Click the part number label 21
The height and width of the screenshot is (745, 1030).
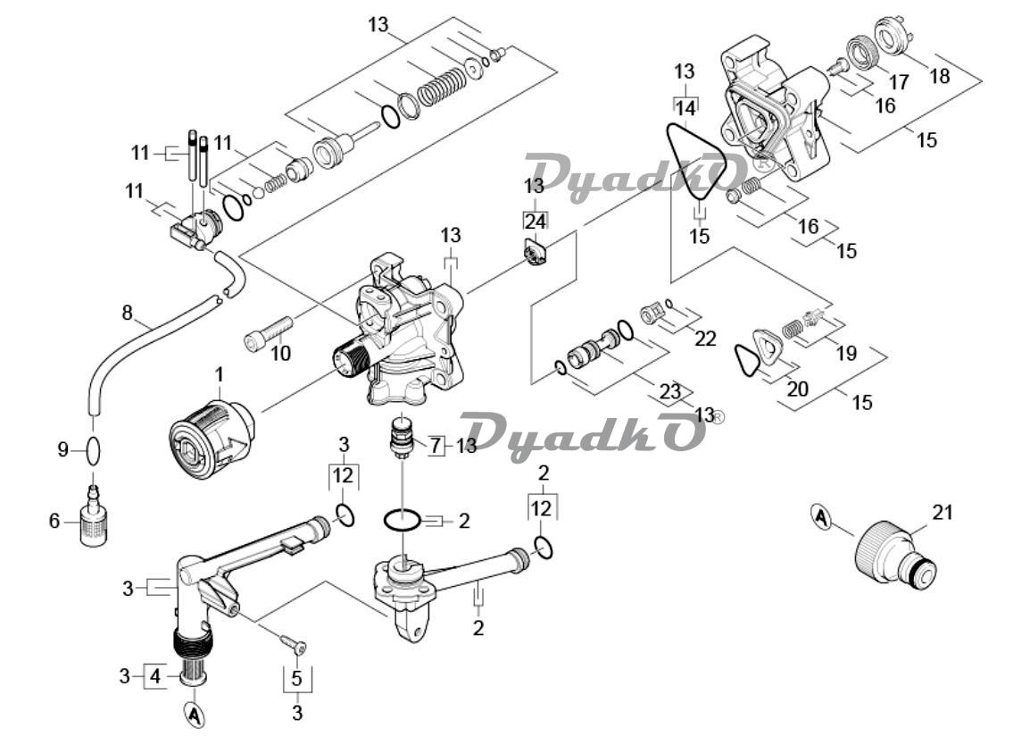click(x=943, y=512)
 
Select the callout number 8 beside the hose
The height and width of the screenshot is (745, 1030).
click(x=128, y=312)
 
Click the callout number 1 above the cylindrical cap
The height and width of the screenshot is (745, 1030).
click(x=220, y=375)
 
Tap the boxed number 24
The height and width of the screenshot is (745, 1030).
click(x=536, y=221)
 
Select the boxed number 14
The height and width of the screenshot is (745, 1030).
click(x=685, y=106)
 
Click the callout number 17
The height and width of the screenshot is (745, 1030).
click(x=899, y=82)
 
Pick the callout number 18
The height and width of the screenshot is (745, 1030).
click(x=940, y=76)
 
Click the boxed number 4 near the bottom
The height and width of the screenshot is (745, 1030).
click(x=155, y=676)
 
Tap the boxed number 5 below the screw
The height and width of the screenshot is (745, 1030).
click(x=297, y=679)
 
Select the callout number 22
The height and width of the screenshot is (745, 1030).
click(x=705, y=339)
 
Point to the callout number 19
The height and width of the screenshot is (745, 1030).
click(x=847, y=353)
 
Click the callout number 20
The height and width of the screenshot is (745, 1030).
click(x=797, y=389)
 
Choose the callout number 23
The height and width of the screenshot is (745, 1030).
click(x=670, y=392)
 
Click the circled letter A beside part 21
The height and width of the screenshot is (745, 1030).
click(x=819, y=518)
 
